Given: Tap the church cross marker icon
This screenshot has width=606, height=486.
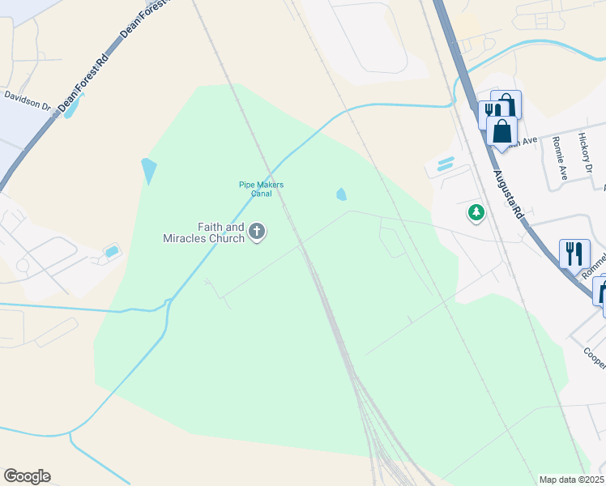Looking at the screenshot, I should coord(257,232).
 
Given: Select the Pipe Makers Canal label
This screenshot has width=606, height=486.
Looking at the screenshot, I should coord(261,189).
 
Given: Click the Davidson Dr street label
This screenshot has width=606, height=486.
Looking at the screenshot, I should coord(27,100).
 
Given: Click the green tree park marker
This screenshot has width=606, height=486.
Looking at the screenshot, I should coord(476,213).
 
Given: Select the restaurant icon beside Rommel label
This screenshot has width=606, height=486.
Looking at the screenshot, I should coord(574,253).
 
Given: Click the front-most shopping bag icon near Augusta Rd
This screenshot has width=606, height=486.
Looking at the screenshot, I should coord(502,131).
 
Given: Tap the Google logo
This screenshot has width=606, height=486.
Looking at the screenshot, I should coord(27,476).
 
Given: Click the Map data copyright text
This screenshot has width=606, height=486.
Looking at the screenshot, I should coord(571,480).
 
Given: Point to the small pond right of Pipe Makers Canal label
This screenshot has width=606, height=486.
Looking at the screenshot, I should coord(341,194).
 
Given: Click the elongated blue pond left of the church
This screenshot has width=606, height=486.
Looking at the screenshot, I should coord(148,171).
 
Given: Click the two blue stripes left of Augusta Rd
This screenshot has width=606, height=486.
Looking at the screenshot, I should coord(445,164).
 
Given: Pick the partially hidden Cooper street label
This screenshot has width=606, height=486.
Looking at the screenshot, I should coord(595,357).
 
